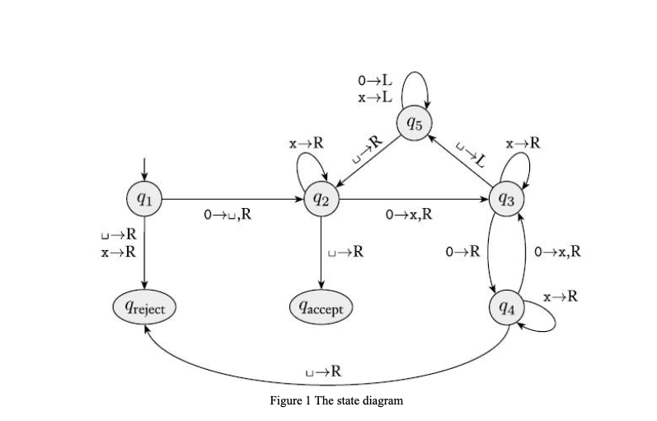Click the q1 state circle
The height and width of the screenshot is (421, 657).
pyautogui.click(x=144, y=199)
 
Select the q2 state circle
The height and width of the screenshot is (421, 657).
pyautogui.click(x=319, y=199)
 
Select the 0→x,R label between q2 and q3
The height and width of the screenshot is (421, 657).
pyautogui.click(x=409, y=215)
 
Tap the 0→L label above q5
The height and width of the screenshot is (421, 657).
pyautogui.click(x=375, y=81)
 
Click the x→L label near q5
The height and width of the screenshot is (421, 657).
pyautogui.click(x=375, y=97)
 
